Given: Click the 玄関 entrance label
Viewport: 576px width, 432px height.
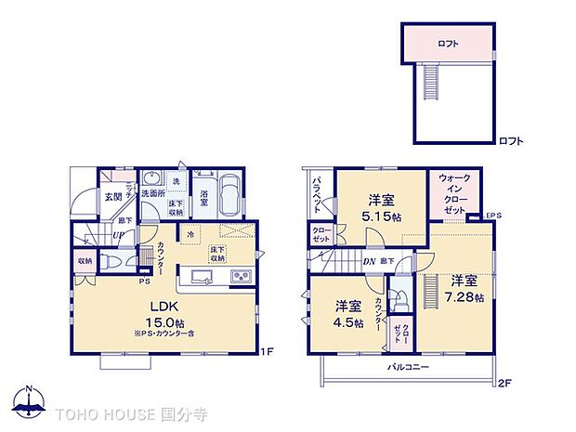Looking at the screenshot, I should click(x=113, y=197).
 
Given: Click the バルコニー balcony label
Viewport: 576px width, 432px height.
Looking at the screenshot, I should click(x=406, y=368).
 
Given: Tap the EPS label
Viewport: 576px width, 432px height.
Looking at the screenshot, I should click(x=492, y=216).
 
